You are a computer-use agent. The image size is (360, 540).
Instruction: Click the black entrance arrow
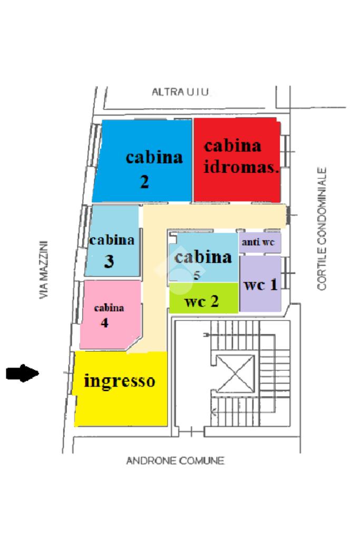(x=23, y=374)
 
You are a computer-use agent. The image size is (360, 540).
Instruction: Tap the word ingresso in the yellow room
(x=120, y=381)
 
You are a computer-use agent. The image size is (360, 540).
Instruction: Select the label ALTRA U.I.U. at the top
(x=181, y=92)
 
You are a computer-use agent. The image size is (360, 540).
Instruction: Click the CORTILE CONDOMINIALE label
(x=322, y=229)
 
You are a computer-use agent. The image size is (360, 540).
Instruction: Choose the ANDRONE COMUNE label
(x=175, y=461)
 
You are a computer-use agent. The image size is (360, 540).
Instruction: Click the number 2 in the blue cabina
(x=144, y=182)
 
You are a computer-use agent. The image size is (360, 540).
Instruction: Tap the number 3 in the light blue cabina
(x=109, y=262)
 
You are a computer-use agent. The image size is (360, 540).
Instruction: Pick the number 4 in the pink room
(x=105, y=323)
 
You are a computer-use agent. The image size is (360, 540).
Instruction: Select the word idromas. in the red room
(x=241, y=167)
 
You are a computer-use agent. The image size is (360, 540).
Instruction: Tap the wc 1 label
(x=260, y=285)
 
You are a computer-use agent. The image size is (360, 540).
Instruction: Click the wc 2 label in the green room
(x=202, y=302)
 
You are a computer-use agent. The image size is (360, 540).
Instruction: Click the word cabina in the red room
(x=232, y=146)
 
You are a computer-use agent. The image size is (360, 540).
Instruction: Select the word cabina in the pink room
(x=109, y=308)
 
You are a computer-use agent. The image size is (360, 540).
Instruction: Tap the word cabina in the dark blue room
(x=154, y=157)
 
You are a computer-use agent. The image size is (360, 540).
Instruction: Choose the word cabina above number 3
(x=112, y=240)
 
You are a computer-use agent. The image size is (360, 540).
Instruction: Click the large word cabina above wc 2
(x=203, y=257)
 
